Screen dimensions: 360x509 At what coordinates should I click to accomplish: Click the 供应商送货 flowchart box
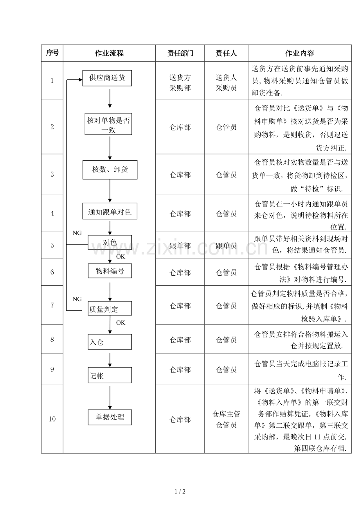pos(107,78)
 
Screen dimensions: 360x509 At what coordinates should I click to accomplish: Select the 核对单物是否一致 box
pos(108,124)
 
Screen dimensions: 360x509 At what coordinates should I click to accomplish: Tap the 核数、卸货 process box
pos(110,170)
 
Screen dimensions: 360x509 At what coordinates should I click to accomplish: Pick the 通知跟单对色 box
pos(110,211)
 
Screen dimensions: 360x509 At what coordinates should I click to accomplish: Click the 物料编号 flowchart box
pos(110,271)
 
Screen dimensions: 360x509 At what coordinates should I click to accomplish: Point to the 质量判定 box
pos(110,308)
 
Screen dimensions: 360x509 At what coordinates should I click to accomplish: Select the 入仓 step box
pos(110,342)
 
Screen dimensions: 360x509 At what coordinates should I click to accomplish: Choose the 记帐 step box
pos(110,375)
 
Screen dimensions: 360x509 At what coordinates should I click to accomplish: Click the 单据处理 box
pos(110,418)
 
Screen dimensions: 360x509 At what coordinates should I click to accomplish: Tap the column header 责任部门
pos(180,53)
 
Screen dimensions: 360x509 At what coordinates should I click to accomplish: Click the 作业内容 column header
pos(299,53)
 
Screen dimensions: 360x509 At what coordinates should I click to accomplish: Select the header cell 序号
pos(52,53)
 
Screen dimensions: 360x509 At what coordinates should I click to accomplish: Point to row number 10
pos(52,419)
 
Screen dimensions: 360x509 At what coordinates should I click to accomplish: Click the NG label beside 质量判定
pos(77,299)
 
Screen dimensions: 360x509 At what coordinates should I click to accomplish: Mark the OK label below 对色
pos(121,256)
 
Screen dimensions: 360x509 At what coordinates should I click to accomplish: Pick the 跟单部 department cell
pos(180,246)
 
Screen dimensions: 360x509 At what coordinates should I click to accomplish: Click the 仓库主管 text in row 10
pos(226,414)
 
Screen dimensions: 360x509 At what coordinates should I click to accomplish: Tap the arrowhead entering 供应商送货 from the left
pos(81,80)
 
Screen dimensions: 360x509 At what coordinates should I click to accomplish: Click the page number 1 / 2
pos(180,491)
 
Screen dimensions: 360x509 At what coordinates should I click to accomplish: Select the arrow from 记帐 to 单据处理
pos(110,398)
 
